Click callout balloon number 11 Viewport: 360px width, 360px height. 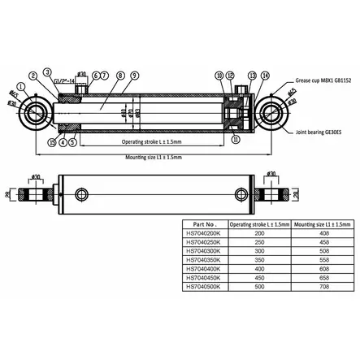(235, 141)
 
